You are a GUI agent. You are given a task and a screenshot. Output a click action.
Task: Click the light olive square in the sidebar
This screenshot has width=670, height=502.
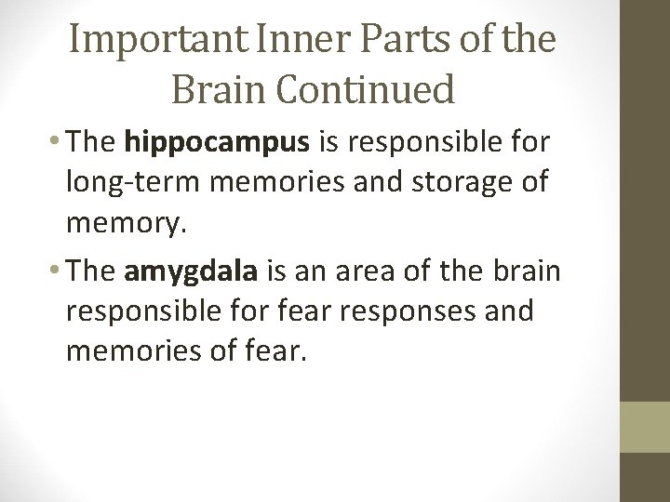pyautogui.click(x=646, y=427)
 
